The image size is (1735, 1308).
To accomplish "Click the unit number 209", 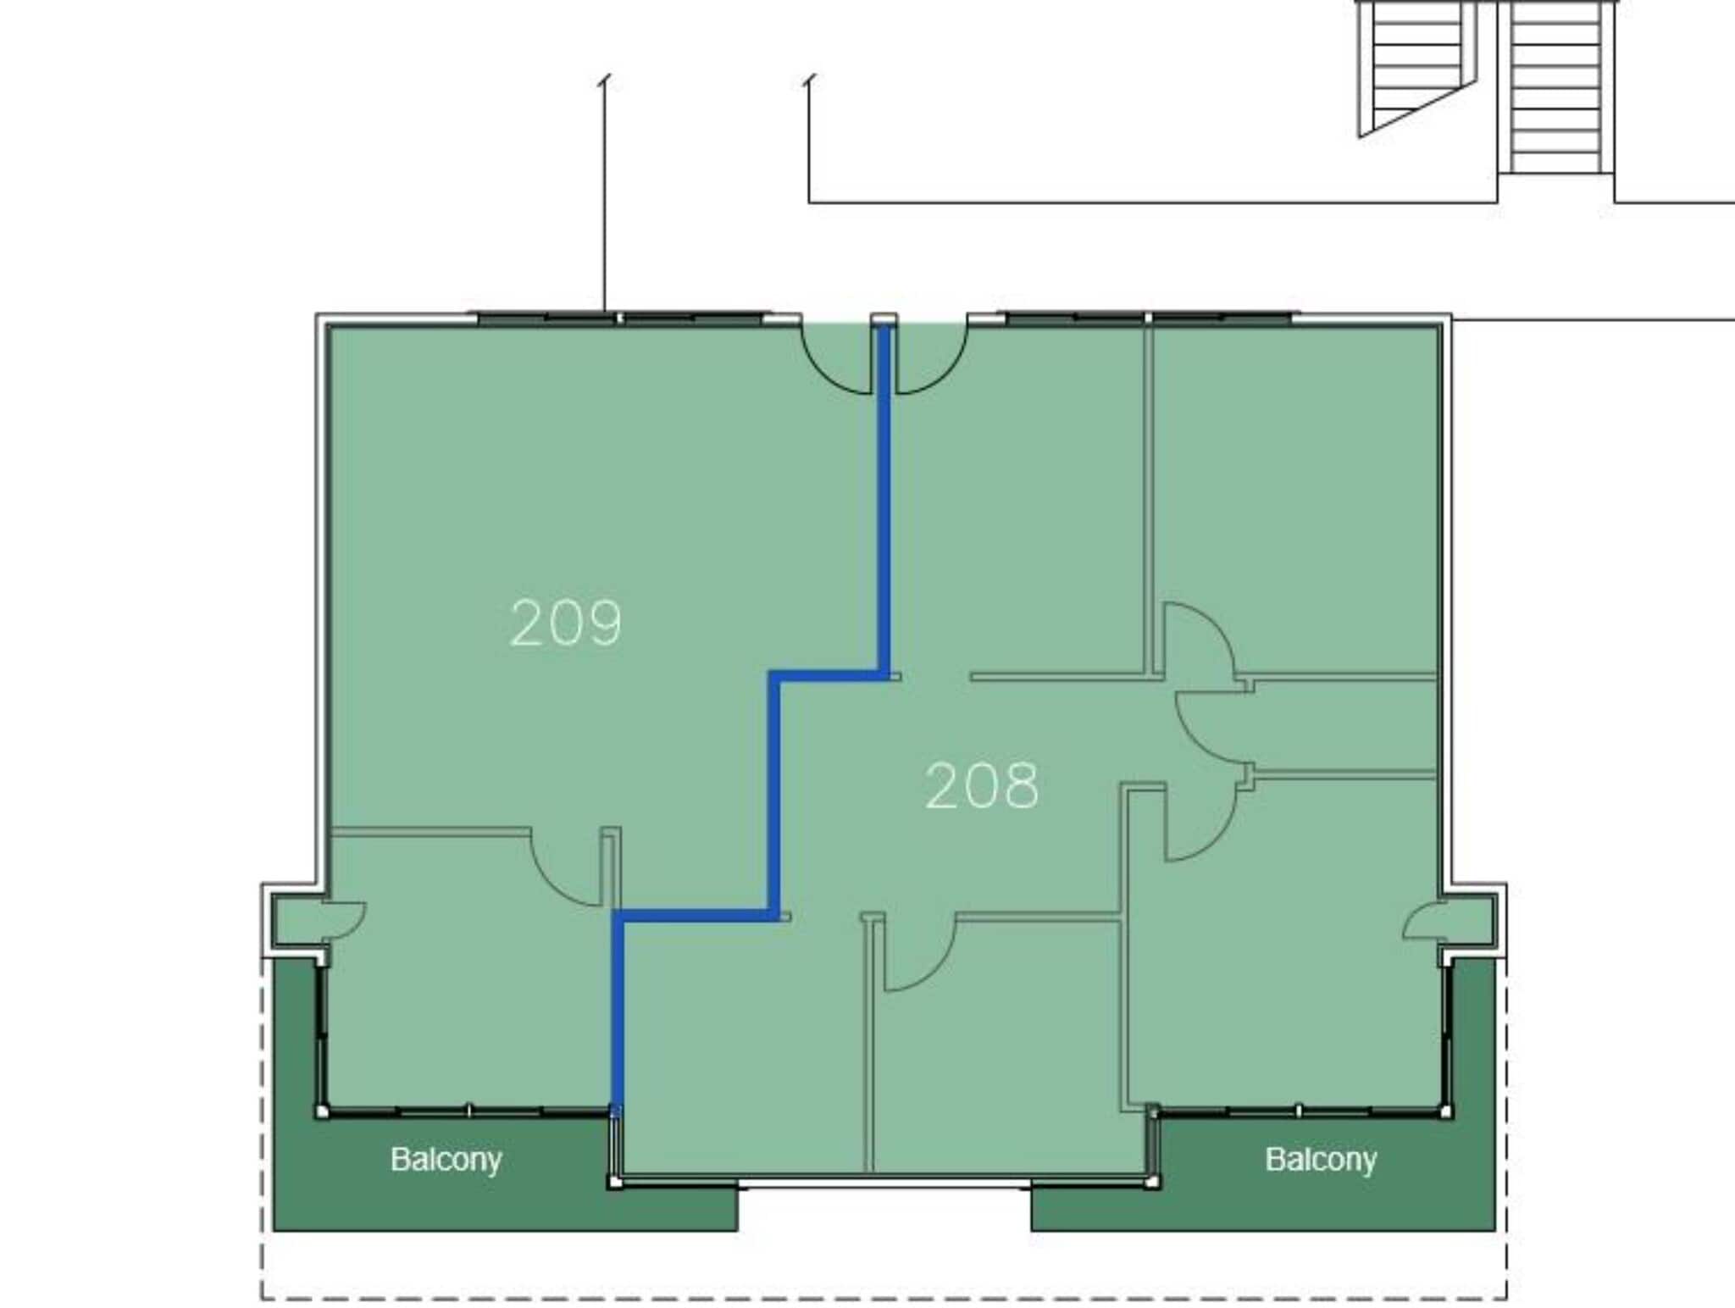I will click(x=566, y=624).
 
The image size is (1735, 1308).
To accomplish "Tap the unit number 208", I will click(x=981, y=786).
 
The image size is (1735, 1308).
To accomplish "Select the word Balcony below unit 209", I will click(x=446, y=1159).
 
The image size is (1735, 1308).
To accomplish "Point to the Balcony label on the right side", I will click(x=1320, y=1159).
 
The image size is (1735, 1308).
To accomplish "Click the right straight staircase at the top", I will click(x=1555, y=85).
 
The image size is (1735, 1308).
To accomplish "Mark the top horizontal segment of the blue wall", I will click(x=829, y=675).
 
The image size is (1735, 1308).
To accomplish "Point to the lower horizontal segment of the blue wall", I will click(x=695, y=915).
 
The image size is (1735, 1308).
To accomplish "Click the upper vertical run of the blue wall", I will click(x=884, y=500).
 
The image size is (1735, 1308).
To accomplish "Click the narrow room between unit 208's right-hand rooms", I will click(x=1347, y=725).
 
